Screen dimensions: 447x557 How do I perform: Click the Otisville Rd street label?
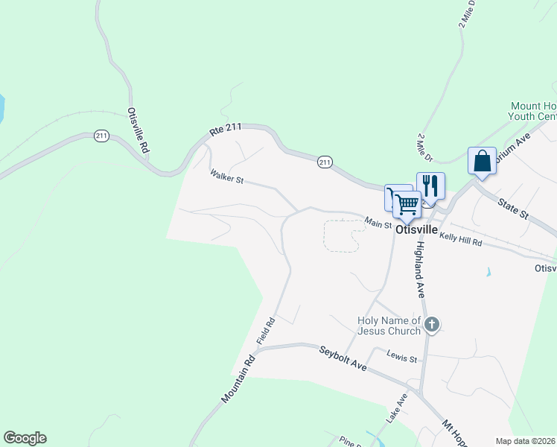139,131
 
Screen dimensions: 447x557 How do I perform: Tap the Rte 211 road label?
226,130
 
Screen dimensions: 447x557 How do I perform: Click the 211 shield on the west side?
102,136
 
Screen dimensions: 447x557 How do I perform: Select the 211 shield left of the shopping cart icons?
324,162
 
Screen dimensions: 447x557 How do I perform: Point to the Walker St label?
227,177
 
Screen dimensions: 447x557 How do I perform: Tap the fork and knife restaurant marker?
430,185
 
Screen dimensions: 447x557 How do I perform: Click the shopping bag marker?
482,161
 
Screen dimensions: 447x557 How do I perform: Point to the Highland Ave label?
420,269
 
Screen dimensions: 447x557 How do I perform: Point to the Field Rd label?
266,331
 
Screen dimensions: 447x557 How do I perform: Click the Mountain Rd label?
238,379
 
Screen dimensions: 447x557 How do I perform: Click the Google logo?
25,438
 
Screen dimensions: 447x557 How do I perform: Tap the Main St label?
378,223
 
